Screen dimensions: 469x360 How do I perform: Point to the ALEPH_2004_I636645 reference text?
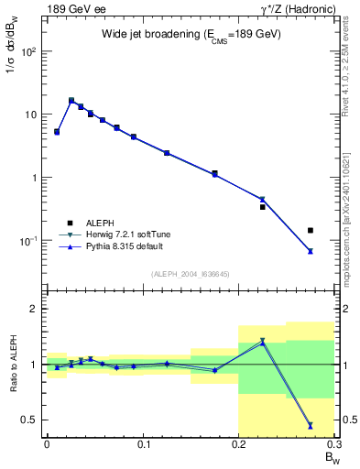click(191, 274)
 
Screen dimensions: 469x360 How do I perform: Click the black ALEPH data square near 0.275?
click(311, 230)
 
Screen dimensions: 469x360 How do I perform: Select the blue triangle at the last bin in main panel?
click(311, 251)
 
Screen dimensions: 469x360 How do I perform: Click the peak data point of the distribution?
click(71, 101)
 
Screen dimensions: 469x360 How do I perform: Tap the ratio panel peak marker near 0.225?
click(262, 342)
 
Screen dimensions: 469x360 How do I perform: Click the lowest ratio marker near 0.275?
click(311, 425)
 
